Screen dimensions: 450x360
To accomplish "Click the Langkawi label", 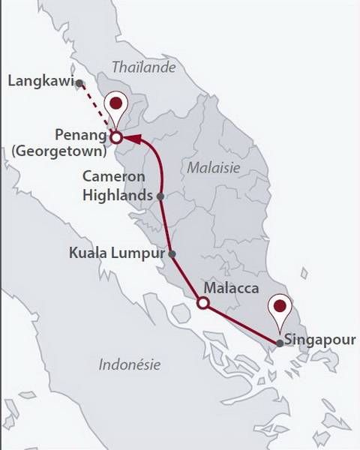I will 37,78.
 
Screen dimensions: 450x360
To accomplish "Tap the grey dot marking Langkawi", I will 79,84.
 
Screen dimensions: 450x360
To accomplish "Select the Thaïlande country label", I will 143,67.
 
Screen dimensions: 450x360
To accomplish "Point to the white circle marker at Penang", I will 116,138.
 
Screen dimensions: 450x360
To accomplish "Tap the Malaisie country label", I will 214,167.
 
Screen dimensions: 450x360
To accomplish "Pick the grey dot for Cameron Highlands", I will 160,196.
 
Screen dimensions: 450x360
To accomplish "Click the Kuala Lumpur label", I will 116,253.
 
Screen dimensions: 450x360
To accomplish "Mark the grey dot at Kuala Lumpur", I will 172,254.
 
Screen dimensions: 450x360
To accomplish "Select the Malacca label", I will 232,289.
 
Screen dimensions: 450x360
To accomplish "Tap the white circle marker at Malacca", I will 202,303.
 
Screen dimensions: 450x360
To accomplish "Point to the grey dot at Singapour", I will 280,343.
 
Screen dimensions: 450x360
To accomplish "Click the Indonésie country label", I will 130,365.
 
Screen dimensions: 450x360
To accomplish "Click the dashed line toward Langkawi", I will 97,111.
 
